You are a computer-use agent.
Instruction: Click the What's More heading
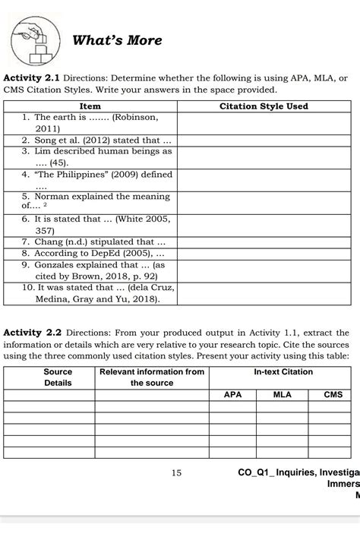[118, 40]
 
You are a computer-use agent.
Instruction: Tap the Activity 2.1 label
[32, 78]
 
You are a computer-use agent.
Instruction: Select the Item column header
[90, 106]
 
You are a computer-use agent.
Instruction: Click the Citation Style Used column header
[264, 106]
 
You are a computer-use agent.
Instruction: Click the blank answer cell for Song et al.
[264, 141]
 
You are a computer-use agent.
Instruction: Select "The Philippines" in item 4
[71, 174]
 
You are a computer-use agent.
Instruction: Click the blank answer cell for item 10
[264, 294]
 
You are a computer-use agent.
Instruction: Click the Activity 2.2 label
[32, 332]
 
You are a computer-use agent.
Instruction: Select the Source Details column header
[58, 377]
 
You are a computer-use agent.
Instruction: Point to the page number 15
[176, 472]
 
